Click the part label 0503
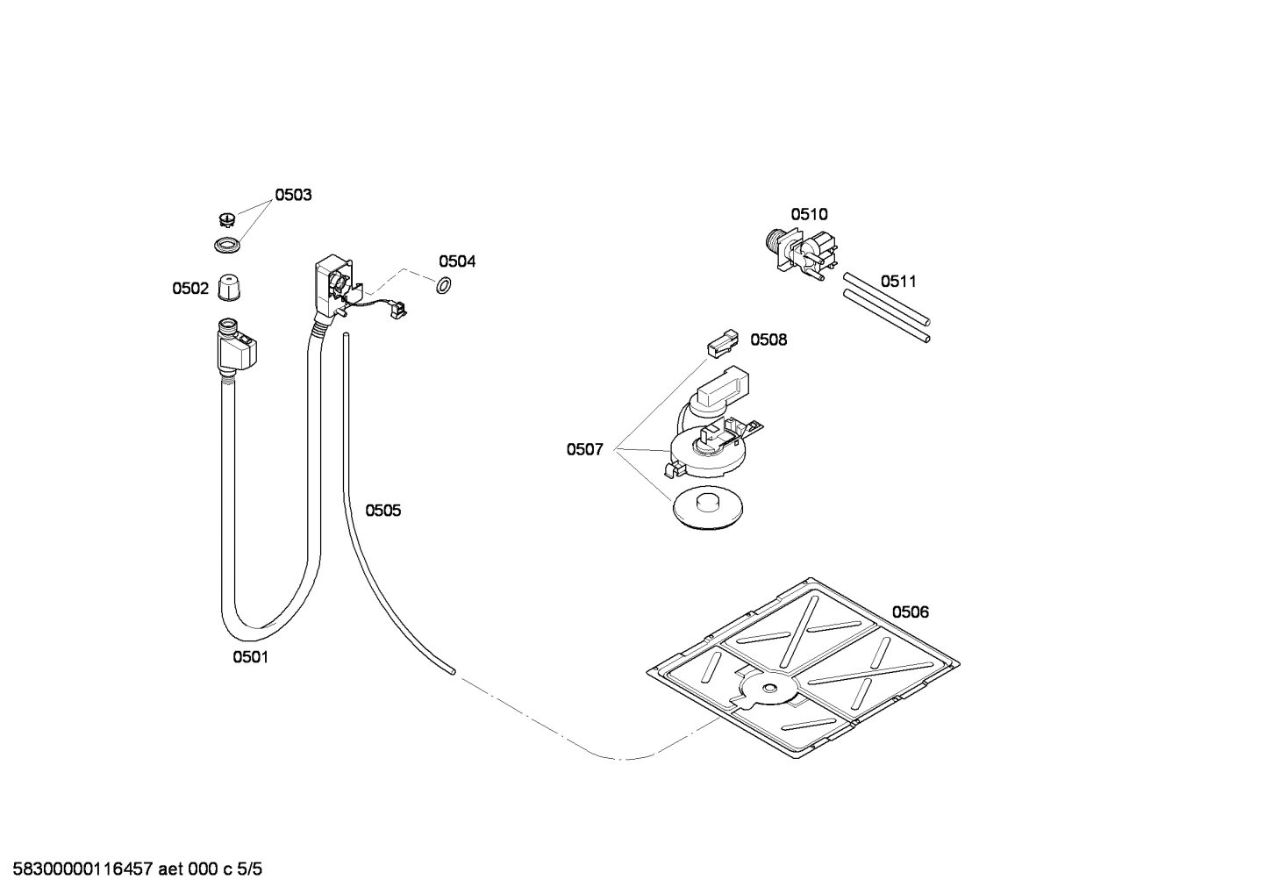click(x=293, y=195)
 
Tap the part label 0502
click(x=190, y=288)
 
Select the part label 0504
click(x=457, y=261)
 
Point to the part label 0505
click(x=383, y=511)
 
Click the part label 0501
click(x=250, y=657)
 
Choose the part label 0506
click(x=911, y=612)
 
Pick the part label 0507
click(x=584, y=450)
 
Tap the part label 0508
click(x=768, y=340)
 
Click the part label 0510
click(x=809, y=214)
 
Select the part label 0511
click(x=898, y=282)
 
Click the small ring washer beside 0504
click(x=444, y=284)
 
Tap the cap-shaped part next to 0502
click(x=229, y=287)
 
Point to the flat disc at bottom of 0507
click(x=707, y=508)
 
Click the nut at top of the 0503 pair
click(x=226, y=218)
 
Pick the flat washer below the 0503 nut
click(x=228, y=245)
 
